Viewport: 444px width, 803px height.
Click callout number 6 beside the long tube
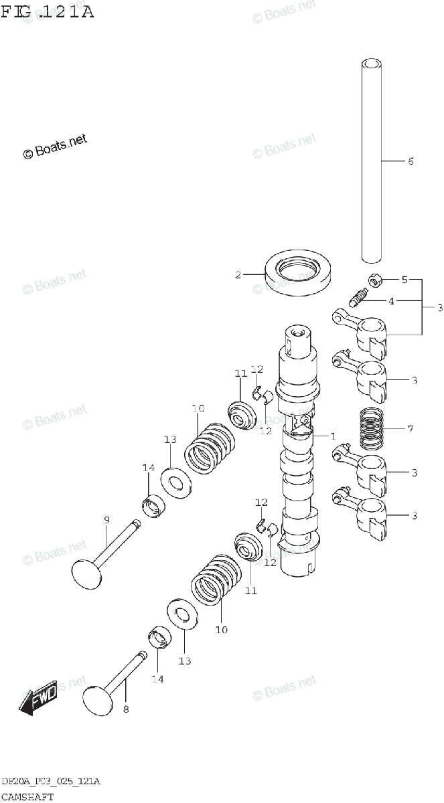point(410,161)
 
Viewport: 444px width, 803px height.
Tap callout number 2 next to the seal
point(237,274)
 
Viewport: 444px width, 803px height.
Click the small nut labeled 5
point(376,280)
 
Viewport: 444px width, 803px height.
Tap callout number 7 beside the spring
point(410,428)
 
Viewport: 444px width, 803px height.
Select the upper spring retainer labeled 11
point(242,416)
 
